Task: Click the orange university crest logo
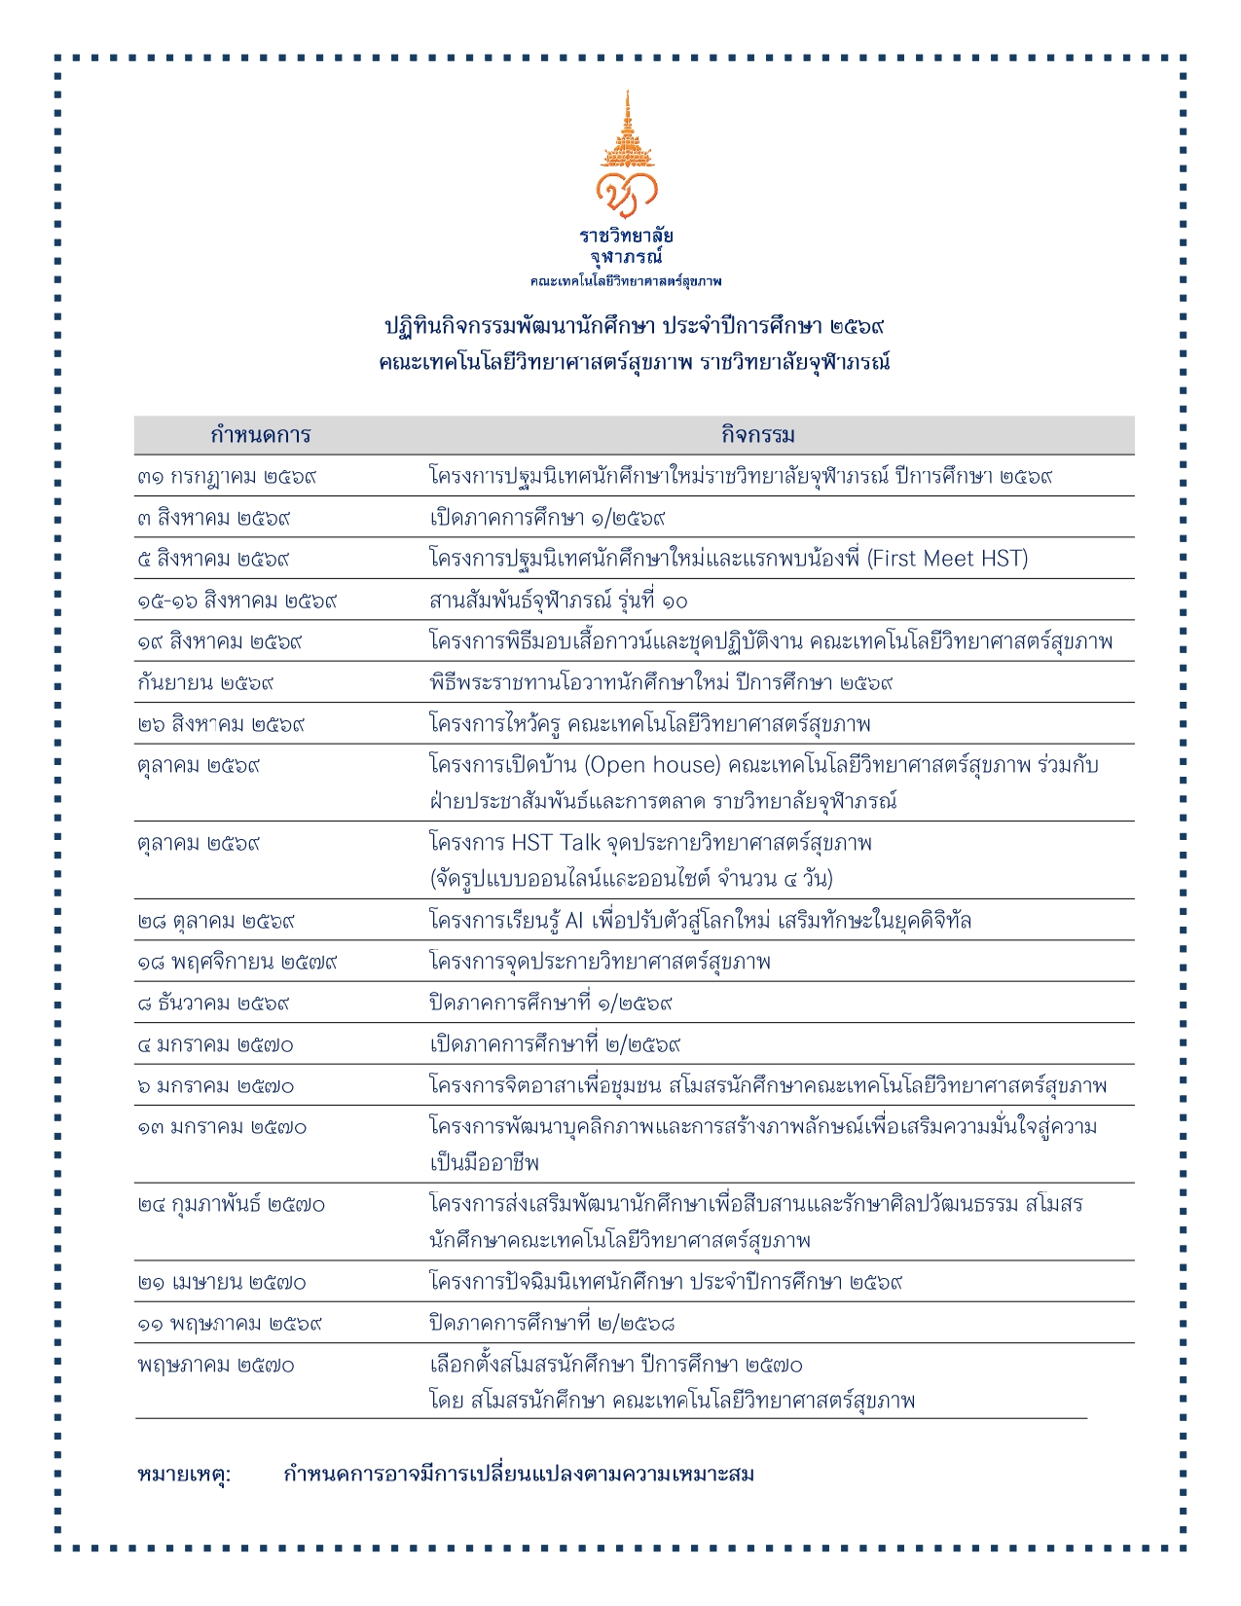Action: [x=627, y=156]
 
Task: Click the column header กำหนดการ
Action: [x=260, y=435]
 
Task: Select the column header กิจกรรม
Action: [x=757, y=435]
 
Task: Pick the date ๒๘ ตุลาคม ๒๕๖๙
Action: [x=216, y=921]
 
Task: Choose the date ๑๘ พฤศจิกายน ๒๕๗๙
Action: [x=237, y=963]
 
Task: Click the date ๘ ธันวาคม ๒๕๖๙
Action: [x=213, y=1004]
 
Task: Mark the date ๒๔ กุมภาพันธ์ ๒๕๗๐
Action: [x=231, y=1205]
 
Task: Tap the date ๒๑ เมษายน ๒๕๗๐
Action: [x=221, y=1283]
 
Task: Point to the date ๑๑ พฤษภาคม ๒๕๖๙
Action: [x=229, y=1324]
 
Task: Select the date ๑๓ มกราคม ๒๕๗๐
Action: [x=221, y=1127]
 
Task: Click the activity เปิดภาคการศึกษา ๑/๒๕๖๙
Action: [x=547, y=518]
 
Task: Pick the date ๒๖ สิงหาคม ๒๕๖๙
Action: [x=221, y=724]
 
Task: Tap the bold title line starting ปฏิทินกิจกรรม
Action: [x=634, y=326]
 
